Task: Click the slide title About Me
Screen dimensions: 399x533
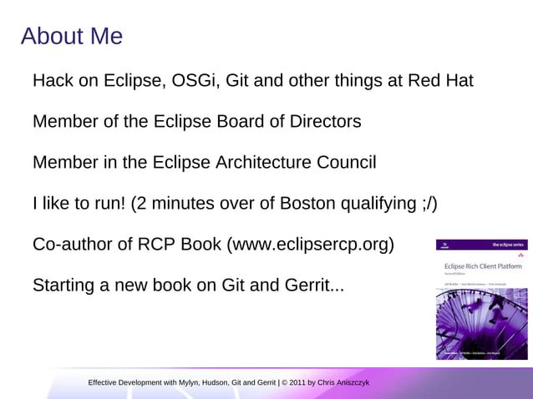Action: click(x=72, y=36)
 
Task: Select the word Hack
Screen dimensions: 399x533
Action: click(x=53, y=81)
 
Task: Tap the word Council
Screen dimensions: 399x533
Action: click(x=343, y=163)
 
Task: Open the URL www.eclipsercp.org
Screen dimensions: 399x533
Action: click(x=310, y=245)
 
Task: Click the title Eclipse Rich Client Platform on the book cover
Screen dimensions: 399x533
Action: click(x=483, y=266)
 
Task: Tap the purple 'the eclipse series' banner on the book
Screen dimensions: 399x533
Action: click(x=482, y=245)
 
